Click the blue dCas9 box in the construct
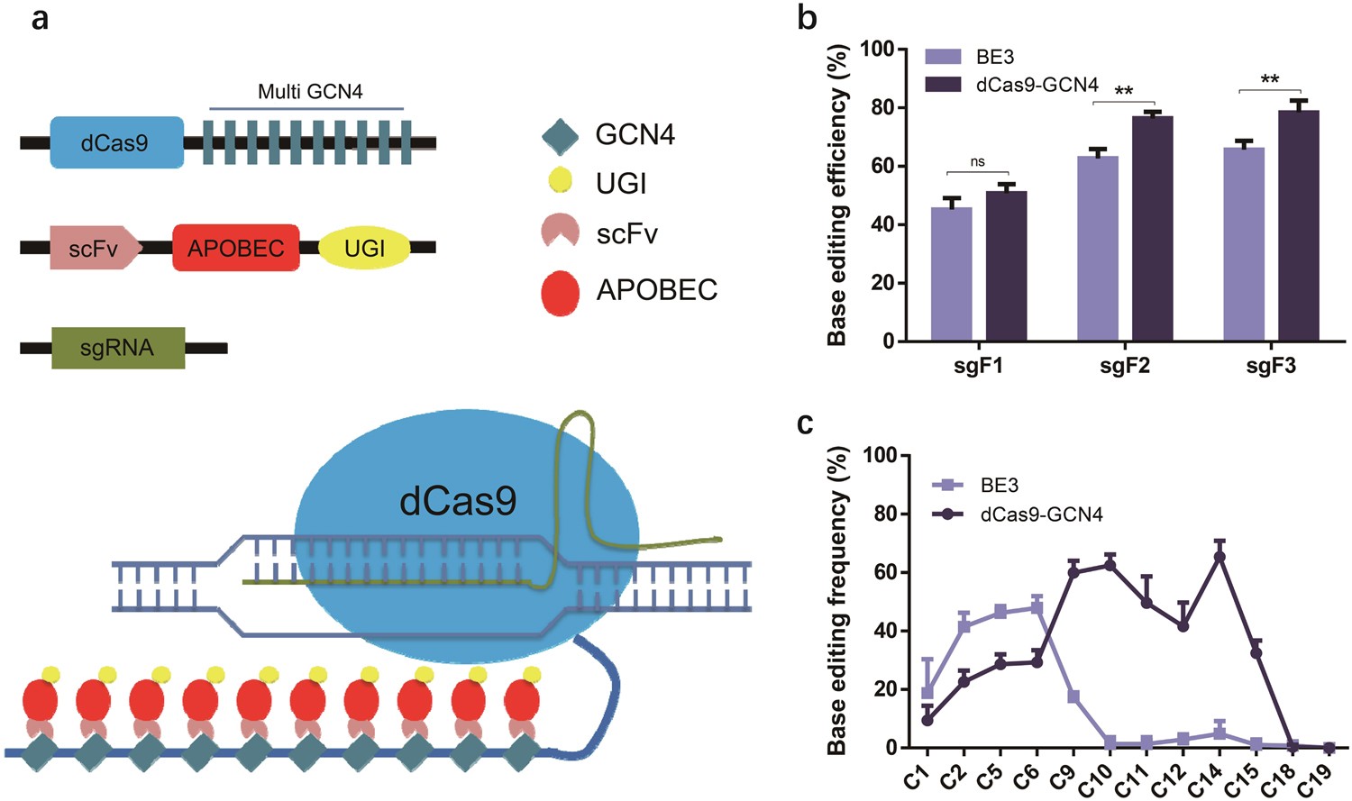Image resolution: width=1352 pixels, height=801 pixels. click(x=116, y=142)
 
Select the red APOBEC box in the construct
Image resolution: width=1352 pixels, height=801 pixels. click(x=236, y=248)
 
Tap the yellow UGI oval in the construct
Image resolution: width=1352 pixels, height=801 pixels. click(x=364, y=248)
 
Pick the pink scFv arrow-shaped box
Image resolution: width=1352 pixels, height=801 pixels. click(x=95, y=248)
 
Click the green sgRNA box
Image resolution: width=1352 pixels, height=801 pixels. click(x=118, y=348)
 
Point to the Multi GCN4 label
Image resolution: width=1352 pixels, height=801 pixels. click(x=310, y=91)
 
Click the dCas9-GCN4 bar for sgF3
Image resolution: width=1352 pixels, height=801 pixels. click(x=1299, y=225)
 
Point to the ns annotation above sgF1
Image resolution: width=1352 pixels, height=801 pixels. click(x=978, y=162)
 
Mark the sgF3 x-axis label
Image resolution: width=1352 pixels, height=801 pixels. click(x=1271, y=366)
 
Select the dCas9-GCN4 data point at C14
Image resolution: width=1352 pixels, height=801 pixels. click(x=1220, y=556)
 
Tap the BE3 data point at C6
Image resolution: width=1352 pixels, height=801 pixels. click(x=1037, y=607)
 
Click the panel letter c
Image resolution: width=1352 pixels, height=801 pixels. click(x=806, y=423)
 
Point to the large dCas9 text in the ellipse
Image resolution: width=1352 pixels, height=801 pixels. click(x=458, y=501)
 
